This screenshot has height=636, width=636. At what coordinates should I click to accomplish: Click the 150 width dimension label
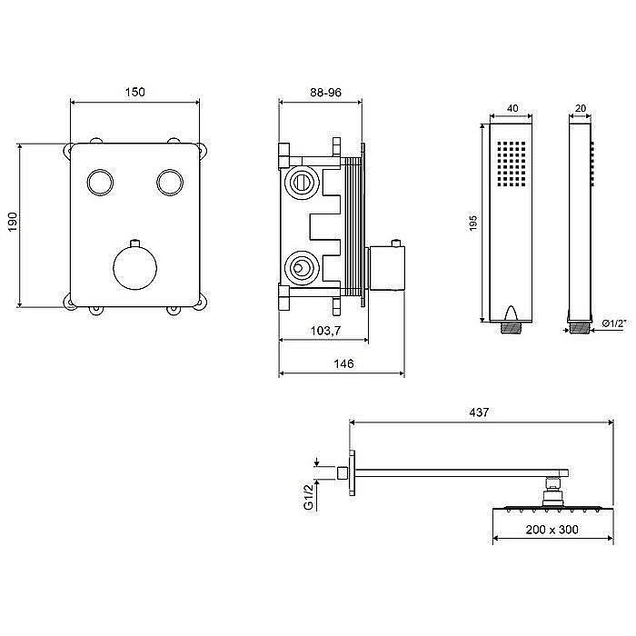tap(134, 92)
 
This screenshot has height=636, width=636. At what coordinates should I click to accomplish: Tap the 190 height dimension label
tap(13, 222)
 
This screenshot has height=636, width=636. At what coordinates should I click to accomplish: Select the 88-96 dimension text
tap(325, 93)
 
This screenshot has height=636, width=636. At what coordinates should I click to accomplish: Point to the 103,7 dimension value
tap(325, 331)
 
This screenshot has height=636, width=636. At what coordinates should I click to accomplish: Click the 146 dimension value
tap(343, 363)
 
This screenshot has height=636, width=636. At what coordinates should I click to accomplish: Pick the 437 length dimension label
tap(479, 412)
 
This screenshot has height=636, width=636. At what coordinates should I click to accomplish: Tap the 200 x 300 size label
tap(552, 530)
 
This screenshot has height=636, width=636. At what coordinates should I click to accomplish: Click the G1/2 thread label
tap(309, 495)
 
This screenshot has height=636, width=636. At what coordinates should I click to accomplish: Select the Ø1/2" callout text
tap(614, 323)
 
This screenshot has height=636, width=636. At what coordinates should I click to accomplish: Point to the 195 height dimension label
tap(473, 224)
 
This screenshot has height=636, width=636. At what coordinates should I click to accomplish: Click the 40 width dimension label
tap(512, 108)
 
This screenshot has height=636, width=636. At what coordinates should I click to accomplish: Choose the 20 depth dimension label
tap(581, 108)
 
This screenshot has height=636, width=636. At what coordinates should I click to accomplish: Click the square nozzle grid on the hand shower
tap(512, 164)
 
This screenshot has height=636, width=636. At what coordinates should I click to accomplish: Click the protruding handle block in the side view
tap(387, 268)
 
